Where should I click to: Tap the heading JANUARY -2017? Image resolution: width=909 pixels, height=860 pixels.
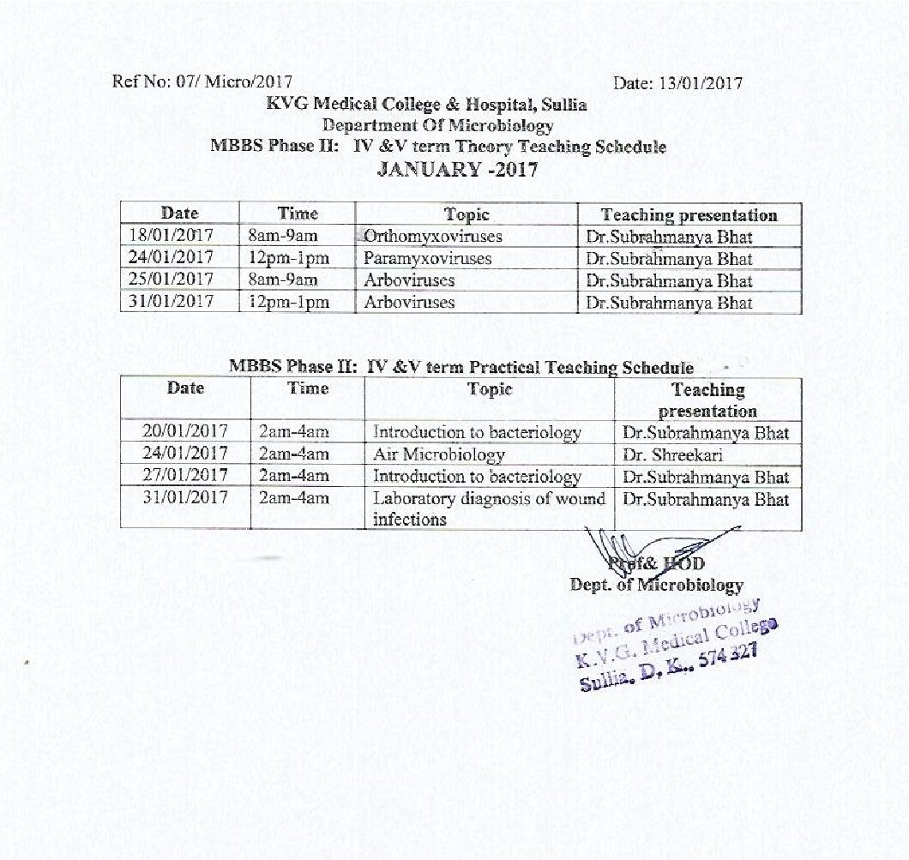[x=458, y=169]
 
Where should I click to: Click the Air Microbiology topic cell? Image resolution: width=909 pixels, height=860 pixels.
[x=438, y=454]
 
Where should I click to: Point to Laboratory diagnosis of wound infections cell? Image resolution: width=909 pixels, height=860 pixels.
[x=488, y=508]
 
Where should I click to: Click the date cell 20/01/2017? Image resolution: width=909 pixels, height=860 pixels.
[x=185, y=432]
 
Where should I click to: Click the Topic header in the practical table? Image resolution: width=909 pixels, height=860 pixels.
[x=489, y=389]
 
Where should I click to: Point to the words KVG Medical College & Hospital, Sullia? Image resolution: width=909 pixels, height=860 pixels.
[x=426, y=105]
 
